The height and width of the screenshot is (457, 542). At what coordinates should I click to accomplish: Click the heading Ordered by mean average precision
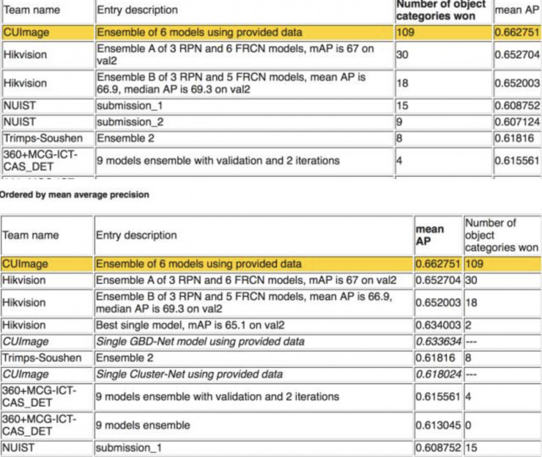pyautogui.click(x=74, y=194)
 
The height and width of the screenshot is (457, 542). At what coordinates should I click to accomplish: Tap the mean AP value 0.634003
pyautogui.click(x=438, y=325)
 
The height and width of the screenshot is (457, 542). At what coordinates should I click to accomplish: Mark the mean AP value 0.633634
pyautogui.click(x=438, y=341)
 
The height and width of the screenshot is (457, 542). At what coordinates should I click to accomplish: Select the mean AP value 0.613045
pyautogui.click(x=438, y=425)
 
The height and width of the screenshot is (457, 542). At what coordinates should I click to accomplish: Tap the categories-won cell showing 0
pyautogui.click(x=469, y=425)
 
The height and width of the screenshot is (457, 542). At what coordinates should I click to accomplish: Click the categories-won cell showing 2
pyautogui.click(x=469, y=325)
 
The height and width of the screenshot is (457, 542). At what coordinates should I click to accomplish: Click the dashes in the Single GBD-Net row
pyautogui.click(x=472, y=341)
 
